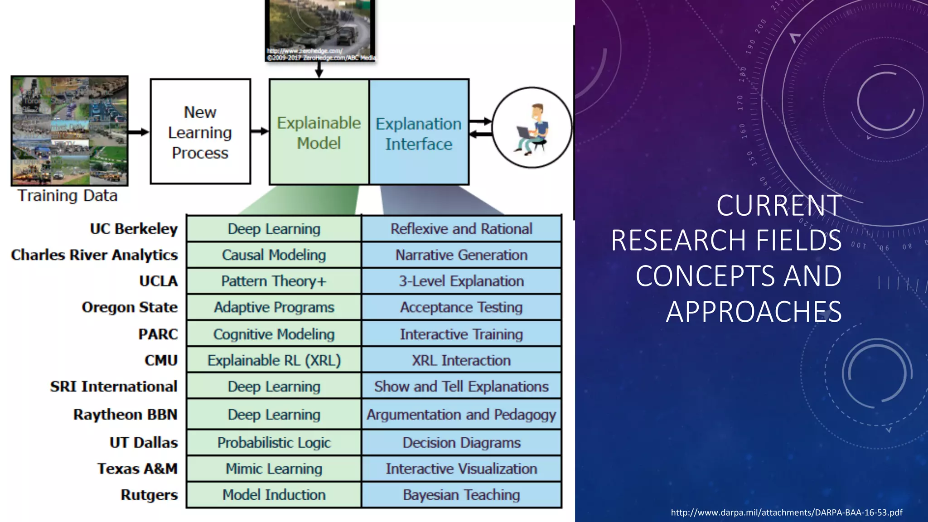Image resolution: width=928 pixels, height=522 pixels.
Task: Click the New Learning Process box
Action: (200, 132)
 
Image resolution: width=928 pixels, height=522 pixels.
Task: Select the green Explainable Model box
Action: (319, 132)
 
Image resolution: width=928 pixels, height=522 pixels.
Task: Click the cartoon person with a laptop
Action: (532, 128)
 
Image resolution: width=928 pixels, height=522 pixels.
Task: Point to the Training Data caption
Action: (68, 196)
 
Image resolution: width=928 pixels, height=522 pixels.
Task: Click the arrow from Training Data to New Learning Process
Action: (138, 132)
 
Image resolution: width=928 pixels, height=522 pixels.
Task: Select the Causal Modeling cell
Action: (274, 255)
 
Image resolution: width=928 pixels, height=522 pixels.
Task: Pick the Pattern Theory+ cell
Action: (274, 281)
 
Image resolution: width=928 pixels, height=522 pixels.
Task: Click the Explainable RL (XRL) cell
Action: (274, 360)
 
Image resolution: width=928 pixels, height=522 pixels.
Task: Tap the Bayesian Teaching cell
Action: (461, 495)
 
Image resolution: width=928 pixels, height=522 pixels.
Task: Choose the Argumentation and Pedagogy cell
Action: (461, 415)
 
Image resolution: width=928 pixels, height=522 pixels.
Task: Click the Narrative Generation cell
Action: (461, 255)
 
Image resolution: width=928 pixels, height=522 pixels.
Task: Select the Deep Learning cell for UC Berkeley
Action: (274, 229)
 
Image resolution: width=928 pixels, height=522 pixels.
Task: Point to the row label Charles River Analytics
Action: (94, 255)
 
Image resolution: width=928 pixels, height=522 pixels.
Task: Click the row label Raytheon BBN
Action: (125, 415)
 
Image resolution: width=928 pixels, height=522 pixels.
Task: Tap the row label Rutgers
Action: (149, 495)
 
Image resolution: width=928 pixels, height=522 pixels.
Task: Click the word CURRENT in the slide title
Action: (778, 206)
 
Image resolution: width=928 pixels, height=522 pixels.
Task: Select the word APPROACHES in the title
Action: (754, 312)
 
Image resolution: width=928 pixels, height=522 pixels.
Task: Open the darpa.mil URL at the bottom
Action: (786, 512)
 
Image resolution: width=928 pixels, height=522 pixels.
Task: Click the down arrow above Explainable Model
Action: (319, 70)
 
